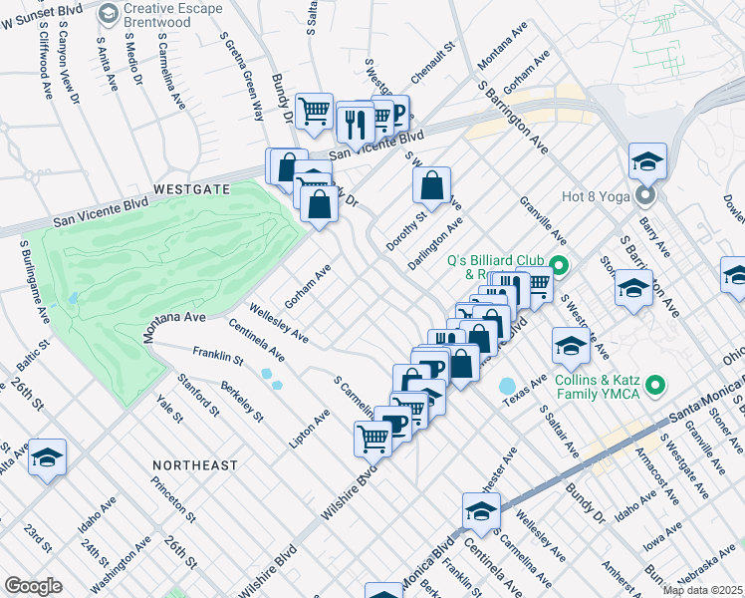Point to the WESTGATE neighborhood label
tap(193, 188)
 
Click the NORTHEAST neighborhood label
tap(195, 465)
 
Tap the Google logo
tap(33, 585)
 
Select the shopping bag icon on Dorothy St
tap(431, 185)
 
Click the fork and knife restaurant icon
tap(354, 123)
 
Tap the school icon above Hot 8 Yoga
tap(646, 160)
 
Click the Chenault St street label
tap(433, 62)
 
